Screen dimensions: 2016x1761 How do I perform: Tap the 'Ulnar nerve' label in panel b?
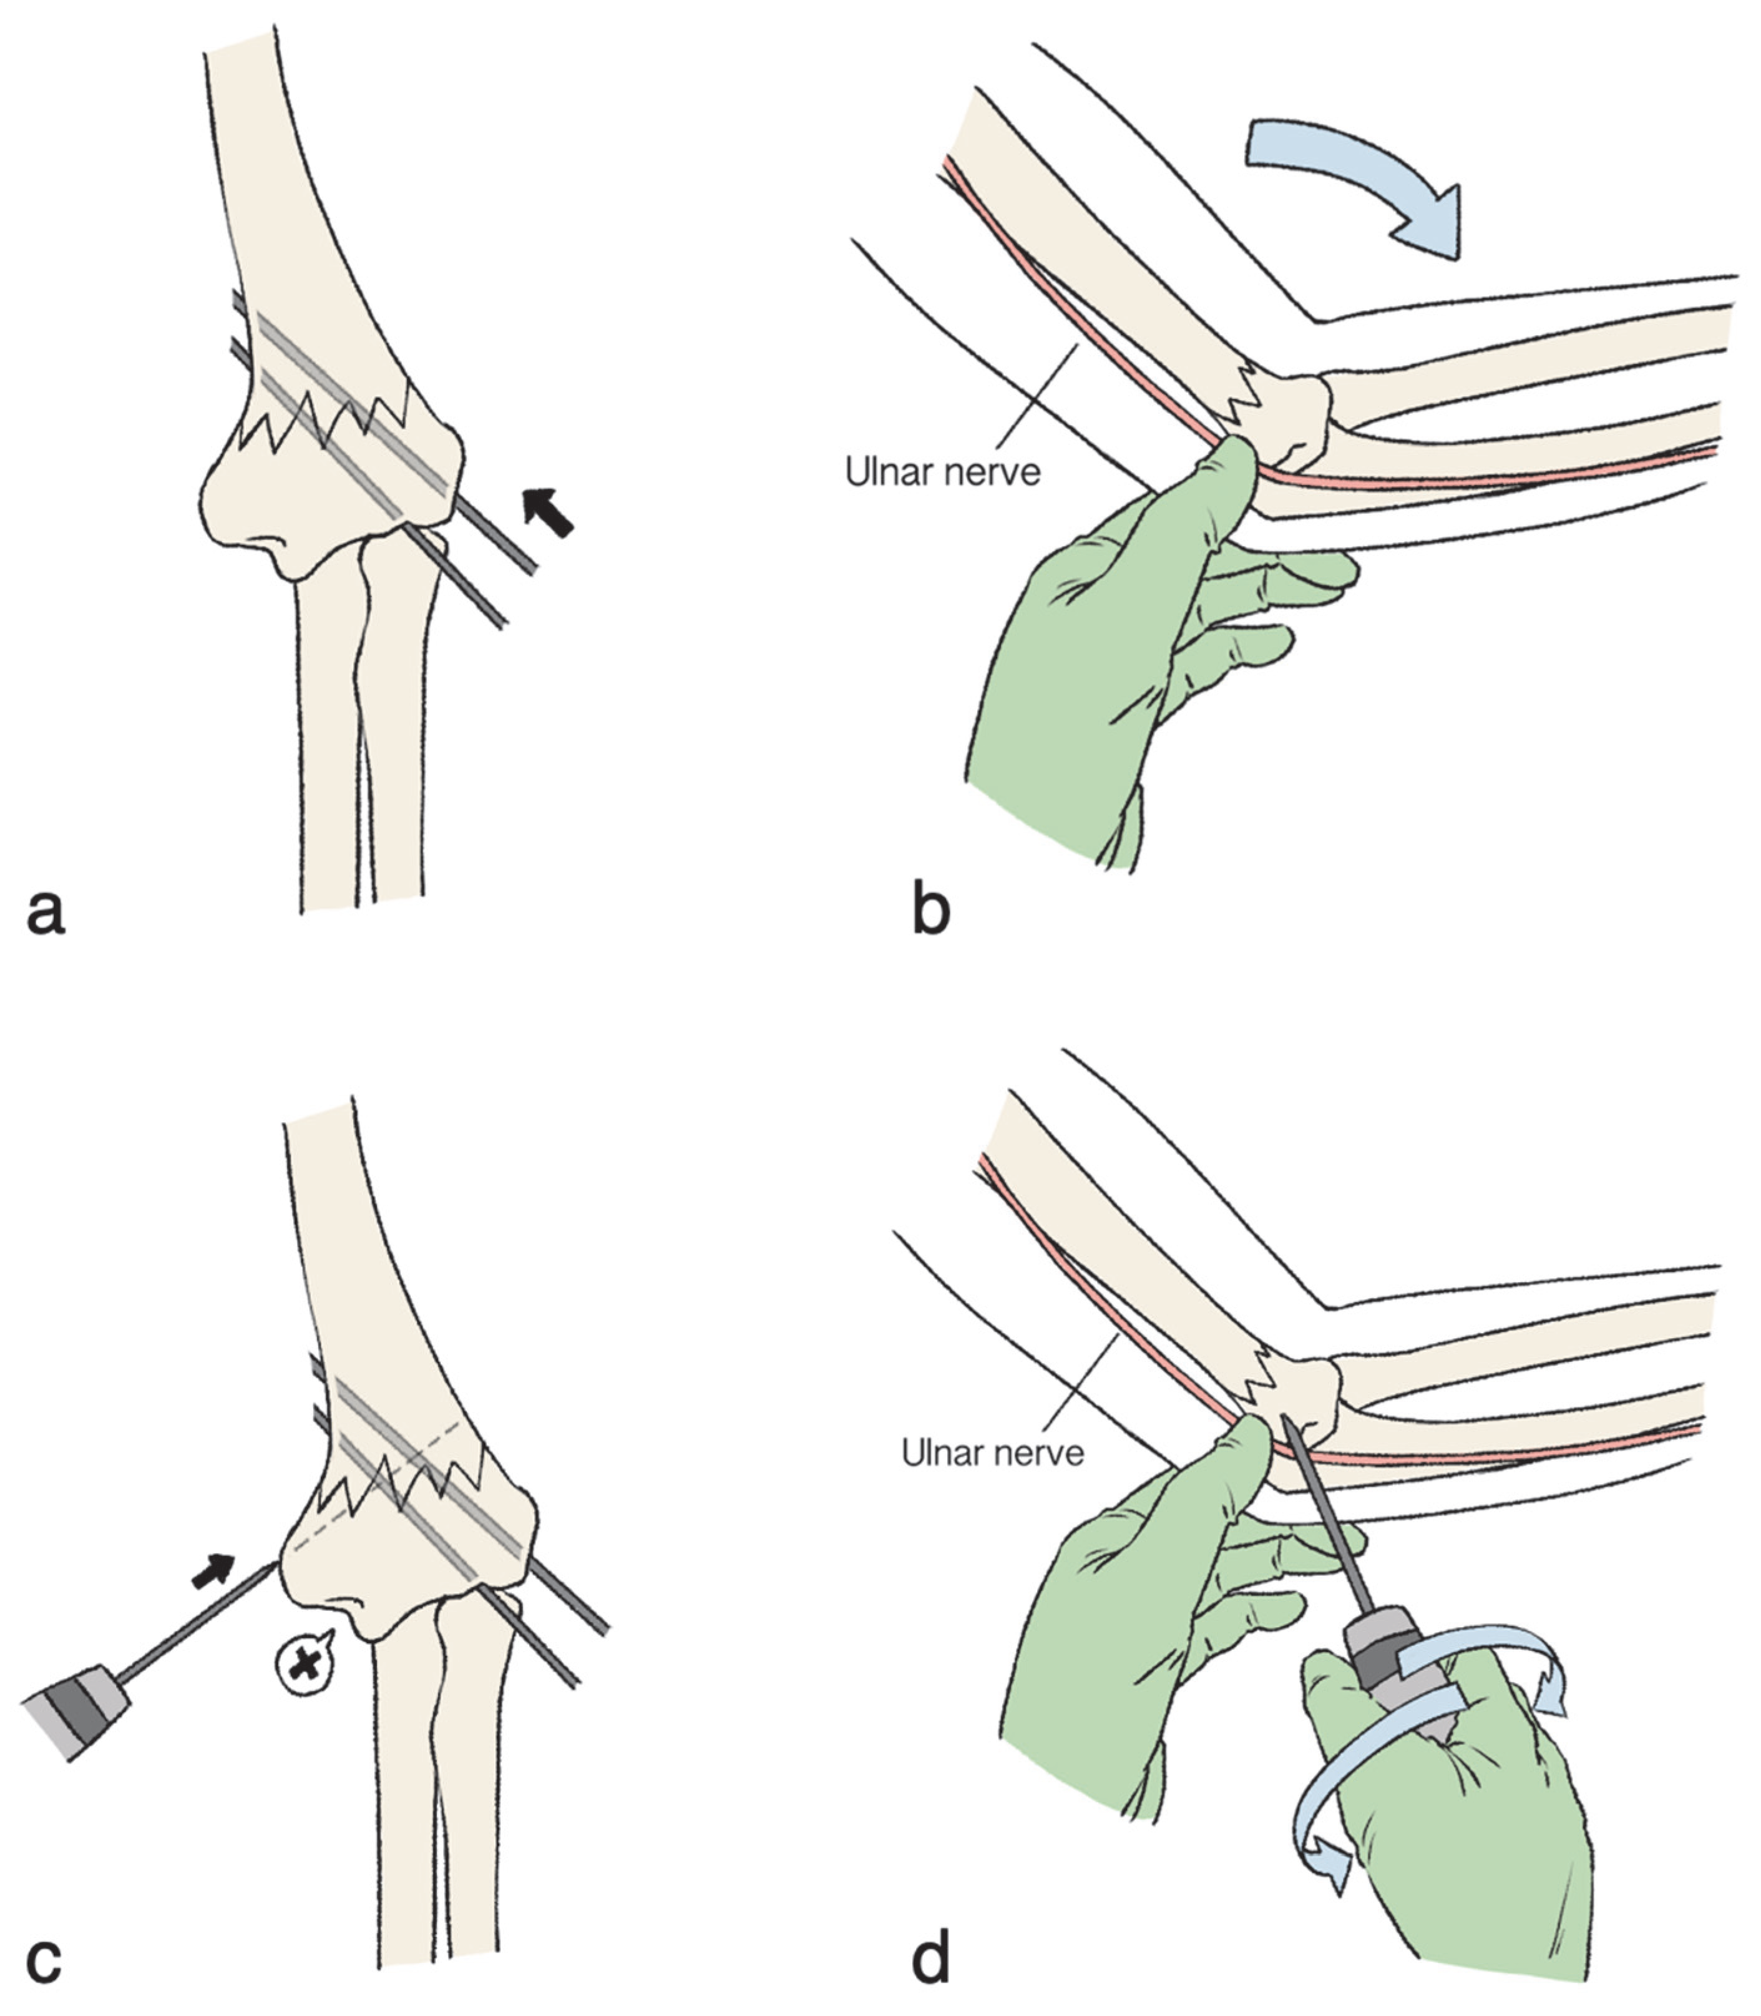[942, 472]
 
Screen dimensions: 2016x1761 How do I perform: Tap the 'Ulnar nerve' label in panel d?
[993, 1453]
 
